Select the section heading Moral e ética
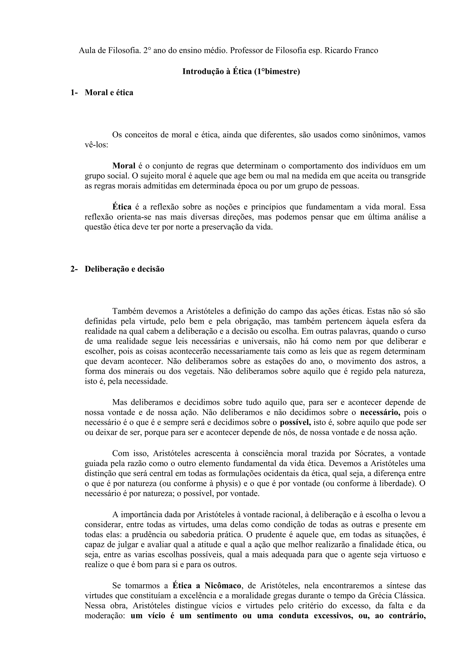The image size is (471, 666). (109, 93)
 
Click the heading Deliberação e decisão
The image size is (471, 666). (124, 269)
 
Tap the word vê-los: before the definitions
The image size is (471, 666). (96, 145)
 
